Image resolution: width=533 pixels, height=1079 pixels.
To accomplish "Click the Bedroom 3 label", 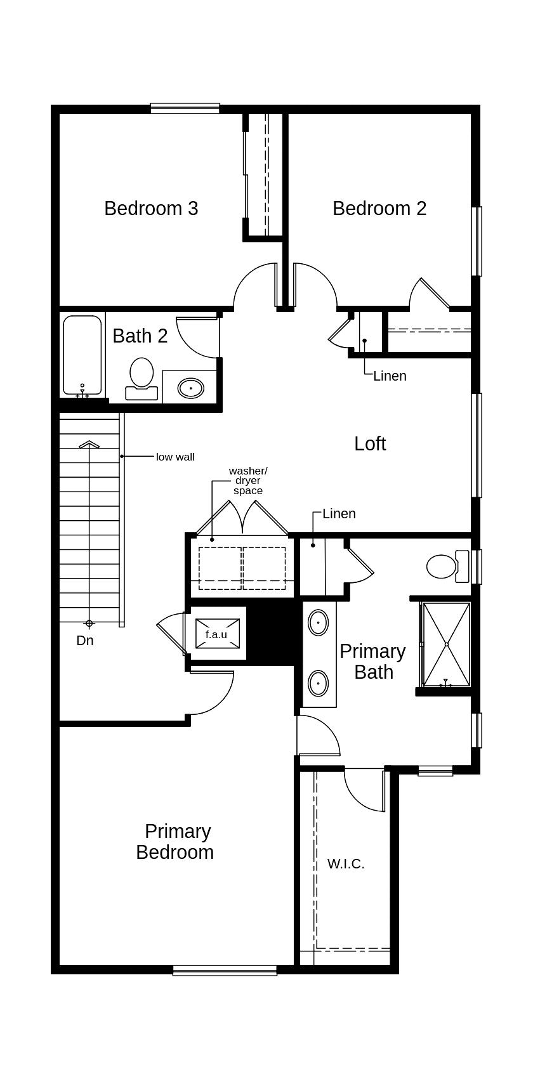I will click(x=151, y=208).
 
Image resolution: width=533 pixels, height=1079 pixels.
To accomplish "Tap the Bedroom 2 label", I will click(x=379, y=208).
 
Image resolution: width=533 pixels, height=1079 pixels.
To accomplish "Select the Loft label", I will click(x=370, y=443).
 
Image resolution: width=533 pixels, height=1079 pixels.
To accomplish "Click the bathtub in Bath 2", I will click(x=82, y=356).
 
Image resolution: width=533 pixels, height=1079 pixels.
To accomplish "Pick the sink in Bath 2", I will click(x=190, y=387).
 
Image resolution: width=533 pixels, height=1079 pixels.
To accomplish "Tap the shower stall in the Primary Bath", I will click(x=447, y=644).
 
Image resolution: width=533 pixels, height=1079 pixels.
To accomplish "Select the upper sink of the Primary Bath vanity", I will click(x=318, y=623).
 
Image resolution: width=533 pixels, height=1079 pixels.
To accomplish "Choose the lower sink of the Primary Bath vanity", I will click(x=318, y=684).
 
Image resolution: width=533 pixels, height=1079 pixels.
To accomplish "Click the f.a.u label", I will click(x=216, y=634).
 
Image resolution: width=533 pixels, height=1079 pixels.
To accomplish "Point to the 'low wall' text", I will click(x=175, y=457).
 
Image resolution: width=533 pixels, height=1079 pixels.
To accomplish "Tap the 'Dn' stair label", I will click(x=85, y=641).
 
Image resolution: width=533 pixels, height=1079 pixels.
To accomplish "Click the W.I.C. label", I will click(x=346, y=863).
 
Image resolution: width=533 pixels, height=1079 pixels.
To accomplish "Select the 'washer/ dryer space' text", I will click(x=248, y=481).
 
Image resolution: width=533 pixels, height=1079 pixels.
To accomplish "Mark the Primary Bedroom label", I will click(x=176, y=841).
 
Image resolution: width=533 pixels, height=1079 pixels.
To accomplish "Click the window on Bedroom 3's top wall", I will click(x=185, y=108).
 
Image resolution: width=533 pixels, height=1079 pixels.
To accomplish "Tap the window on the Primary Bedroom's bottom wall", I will click(x=225, y=970).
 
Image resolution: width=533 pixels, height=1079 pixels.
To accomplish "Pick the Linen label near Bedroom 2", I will click(x=390, y=376).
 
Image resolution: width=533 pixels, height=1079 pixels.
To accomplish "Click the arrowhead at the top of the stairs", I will click(x=89, y=445).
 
